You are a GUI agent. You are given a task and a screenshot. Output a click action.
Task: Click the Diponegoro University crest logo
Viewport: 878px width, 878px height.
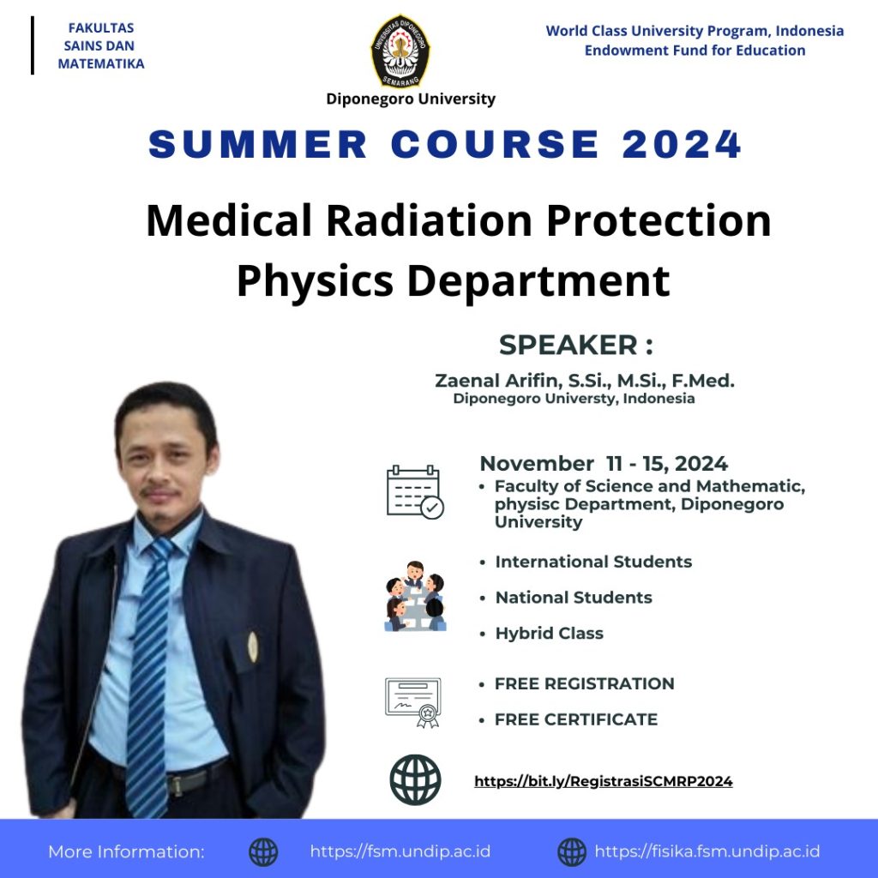(x=400, y=51)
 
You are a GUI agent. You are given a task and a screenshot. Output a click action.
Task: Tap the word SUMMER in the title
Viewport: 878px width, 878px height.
(x=258, y=144)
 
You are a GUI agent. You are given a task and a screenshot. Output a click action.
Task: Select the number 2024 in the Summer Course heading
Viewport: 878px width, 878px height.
(x=682, y=144)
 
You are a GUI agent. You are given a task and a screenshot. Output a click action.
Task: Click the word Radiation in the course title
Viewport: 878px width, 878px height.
(x=429, y=220)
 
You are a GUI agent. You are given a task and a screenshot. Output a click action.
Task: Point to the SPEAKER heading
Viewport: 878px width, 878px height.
(x=575, y=345)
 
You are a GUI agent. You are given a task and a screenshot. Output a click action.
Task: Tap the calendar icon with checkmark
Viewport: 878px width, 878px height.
(x=415, y=492)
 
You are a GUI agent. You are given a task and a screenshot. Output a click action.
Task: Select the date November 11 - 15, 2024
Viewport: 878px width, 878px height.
(x=604, y=464)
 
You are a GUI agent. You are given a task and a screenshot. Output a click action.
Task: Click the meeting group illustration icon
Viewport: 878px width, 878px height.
(x=416, y=596)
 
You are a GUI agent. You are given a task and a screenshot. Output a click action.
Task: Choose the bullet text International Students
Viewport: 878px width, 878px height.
(x=593, y=562)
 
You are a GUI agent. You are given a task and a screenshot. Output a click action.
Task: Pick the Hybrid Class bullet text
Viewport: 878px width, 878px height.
(x=550, y=634)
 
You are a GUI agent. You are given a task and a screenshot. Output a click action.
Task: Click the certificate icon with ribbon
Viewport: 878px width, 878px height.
(x=413, y=702)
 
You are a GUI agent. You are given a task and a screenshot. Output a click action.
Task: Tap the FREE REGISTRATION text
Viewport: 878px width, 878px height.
(x=584, y=683)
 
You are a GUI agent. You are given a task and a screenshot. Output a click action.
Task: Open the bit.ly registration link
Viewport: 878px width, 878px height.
(x=603, y=781)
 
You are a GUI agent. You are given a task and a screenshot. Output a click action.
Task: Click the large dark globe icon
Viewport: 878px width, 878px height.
(x=415, y=780)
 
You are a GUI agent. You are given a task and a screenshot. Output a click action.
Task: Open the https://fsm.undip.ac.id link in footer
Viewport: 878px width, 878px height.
(x=400, y=851)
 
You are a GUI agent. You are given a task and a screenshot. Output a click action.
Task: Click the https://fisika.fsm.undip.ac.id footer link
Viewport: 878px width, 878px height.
(x=707, y=851)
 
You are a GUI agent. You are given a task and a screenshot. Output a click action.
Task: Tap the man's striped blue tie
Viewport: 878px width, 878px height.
(x=148, y=672)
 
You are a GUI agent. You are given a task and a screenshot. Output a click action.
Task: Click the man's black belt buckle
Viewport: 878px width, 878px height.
(x=175, y=785)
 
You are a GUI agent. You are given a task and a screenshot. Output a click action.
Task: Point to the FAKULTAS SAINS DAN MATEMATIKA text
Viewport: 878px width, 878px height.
(x=101, y=46)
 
